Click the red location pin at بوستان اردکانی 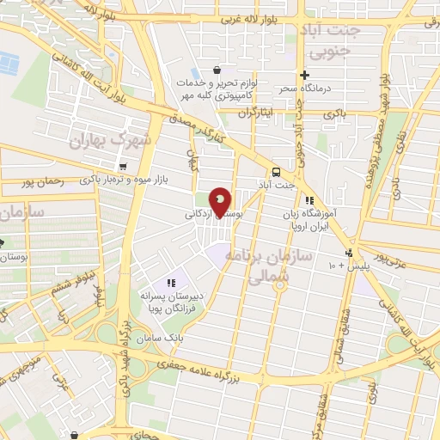click(x=221, y=202)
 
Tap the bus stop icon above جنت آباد click(x=275, y=170)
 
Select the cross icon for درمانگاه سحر click(x=304, y=75)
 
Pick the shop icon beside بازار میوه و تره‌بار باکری click(x=124, y=167)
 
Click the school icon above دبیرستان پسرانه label click(x=170, y=281)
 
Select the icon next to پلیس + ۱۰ click(x=348, y=253)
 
